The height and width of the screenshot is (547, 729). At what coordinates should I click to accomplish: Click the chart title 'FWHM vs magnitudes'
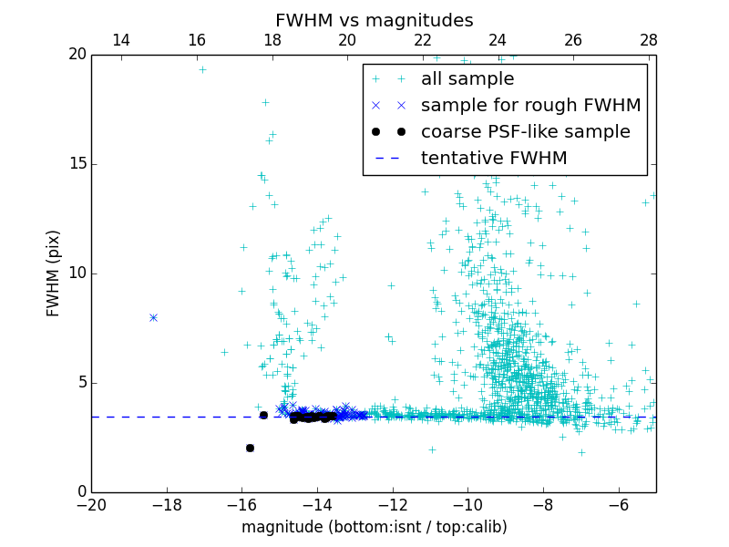click(x=374, y=20)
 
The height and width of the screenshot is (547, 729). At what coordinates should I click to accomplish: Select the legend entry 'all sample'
click(x=467, y=79)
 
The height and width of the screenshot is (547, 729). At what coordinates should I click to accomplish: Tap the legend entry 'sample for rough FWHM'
click(x=530, y=106)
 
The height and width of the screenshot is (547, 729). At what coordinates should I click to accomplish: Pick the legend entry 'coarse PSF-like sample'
click(x=525, y=132)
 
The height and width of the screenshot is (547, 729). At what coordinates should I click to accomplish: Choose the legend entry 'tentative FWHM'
click(x=493, y=159)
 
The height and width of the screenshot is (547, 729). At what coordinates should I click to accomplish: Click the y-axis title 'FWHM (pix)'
click(x=54, y=273)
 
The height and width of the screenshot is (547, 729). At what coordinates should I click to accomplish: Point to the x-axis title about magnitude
click(x=374, y=527)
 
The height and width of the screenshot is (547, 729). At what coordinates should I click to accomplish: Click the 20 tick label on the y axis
click(x=77, y=55)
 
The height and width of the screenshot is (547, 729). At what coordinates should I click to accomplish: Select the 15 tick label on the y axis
click(x=77, y=164)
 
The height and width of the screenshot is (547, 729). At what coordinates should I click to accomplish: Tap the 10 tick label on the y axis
click(x=77, y=273)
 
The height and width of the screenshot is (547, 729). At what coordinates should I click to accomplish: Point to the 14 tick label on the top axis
click(x=121, y=40)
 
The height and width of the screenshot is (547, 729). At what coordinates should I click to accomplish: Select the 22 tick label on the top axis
click(x=422, y=40)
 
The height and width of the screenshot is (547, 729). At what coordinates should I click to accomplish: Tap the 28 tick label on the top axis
click(x=648, y=40)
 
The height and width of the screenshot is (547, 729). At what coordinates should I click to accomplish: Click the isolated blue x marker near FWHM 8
click(x=153, y=317)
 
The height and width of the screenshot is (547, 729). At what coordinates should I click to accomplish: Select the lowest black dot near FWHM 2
click(x=250, y=448)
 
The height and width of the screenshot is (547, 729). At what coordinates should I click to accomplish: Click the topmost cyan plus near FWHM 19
click(x=202, y=69)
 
